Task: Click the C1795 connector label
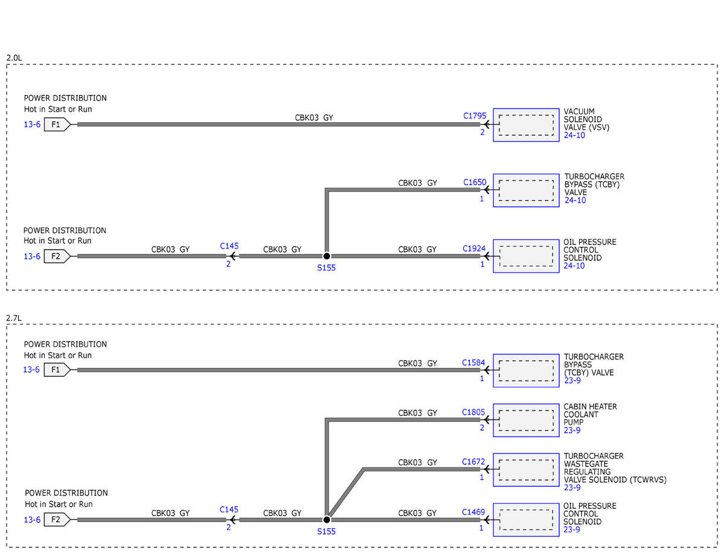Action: [474, 116]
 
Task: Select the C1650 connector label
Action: [474, 183]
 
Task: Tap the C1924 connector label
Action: [474, 248]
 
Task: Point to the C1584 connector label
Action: [473, 362]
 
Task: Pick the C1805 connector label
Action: [473, 412]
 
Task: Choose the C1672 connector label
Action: [473, 462]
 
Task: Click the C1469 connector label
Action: [473, 512]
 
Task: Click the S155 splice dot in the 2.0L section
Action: [326, 256]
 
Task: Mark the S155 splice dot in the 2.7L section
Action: [326, 520]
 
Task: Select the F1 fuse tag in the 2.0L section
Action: [57, 124]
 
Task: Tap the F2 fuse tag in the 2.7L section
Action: [57, 519]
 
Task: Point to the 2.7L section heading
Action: [14, 318]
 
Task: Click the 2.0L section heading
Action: [14, 58]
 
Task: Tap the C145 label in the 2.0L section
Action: [229, 246]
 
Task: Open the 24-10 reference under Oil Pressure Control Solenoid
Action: [574, 266]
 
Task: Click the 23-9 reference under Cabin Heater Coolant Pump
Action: [572, 430]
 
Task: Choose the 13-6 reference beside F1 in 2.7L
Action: [31, 370]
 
